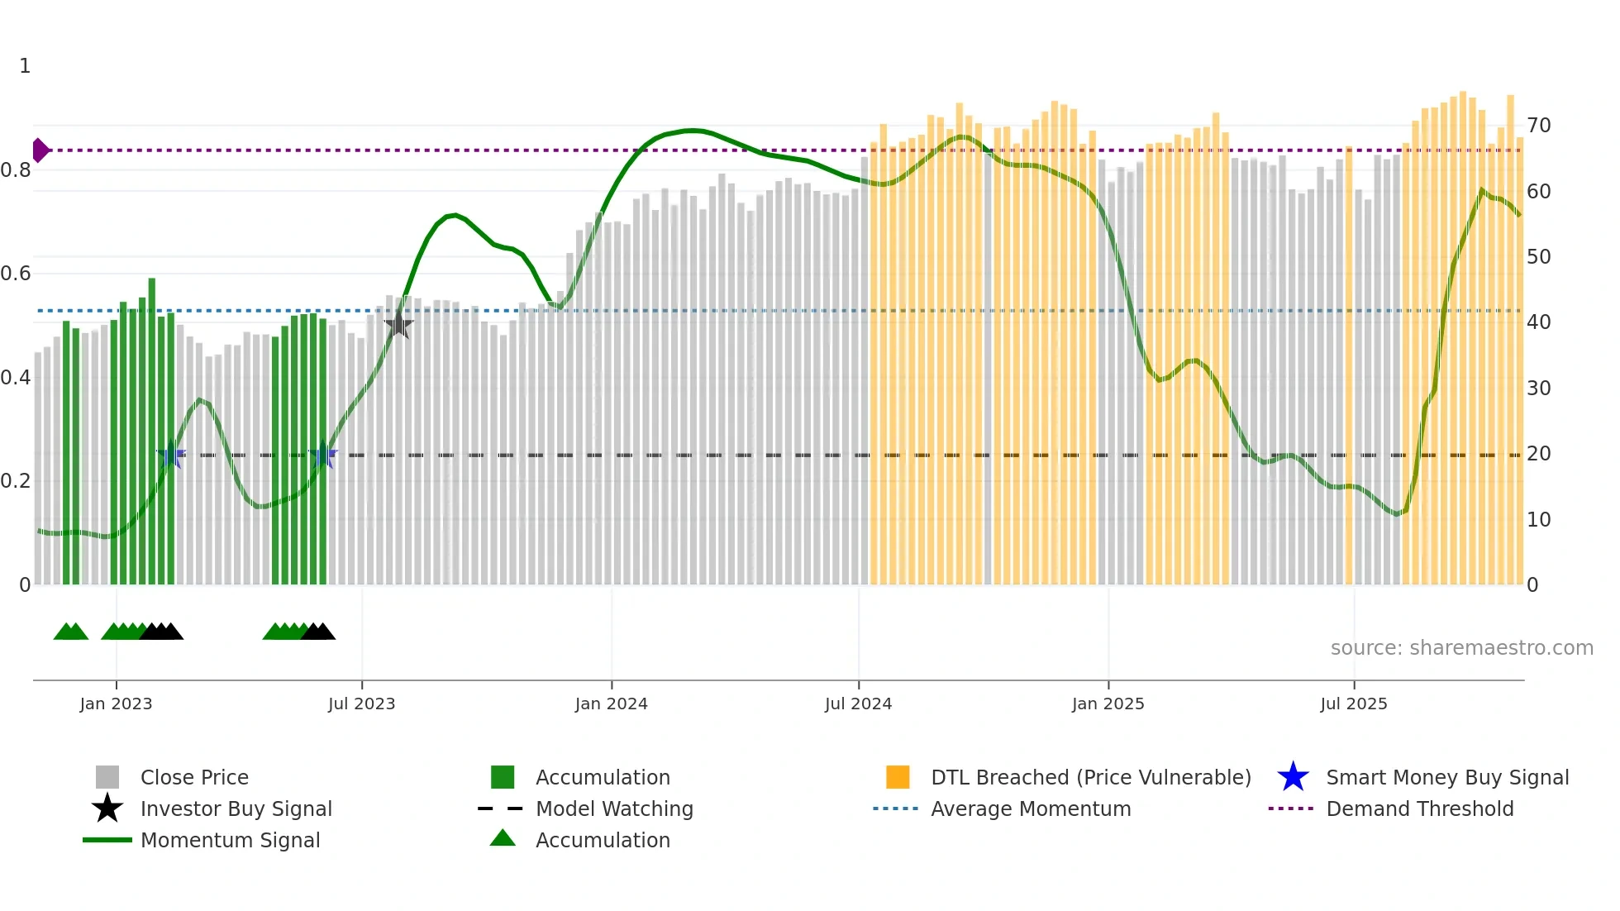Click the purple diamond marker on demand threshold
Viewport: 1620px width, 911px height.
(40, 150)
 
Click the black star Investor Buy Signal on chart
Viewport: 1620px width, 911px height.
(398, 325)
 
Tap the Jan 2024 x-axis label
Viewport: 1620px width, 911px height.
(611, 704)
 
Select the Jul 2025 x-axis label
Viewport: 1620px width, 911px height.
(1353, 704)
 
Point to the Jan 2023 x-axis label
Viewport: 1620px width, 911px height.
(116, 704)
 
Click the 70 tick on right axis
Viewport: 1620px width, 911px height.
(1538, 126)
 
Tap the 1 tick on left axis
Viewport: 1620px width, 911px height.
(25, 66)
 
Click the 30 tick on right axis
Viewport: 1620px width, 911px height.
(1538, 389)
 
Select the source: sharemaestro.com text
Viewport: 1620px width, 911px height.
(1461, 648)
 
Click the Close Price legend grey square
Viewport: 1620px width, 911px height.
(107, 777)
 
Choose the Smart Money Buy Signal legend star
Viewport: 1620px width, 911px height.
(1293, 777)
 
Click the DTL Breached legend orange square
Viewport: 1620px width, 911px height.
(898, 777)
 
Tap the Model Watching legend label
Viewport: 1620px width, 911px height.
(614, 808)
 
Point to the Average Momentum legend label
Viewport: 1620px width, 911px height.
(1031, 808)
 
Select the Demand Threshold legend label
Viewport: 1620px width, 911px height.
(1419, 808)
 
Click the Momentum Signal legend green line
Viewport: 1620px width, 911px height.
(107, 840)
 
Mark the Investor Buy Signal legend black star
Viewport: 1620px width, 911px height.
(107, 808)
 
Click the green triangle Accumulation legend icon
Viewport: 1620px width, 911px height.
(503, 839)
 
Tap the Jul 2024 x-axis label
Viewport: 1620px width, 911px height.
(858, 704)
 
